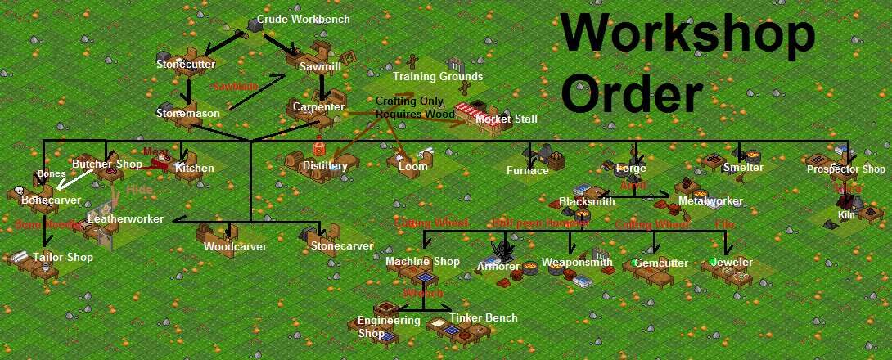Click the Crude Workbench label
tap(304, 19)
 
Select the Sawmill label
tap(314, 64)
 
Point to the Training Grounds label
tap(438, 77)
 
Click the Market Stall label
tap(507, 119)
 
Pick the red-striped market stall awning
tap(471, 110)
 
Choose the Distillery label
tap(325, 166)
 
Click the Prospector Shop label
tap(846, 169)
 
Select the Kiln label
tap(846, 215)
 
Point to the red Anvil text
tap(633, 186)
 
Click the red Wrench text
tap(423, 293)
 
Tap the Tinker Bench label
tap(484, 318)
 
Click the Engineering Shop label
tap(389, 326)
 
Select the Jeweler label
tap(732, 263)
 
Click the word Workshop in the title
tap(688, 36)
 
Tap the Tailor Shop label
tap(63, 258)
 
